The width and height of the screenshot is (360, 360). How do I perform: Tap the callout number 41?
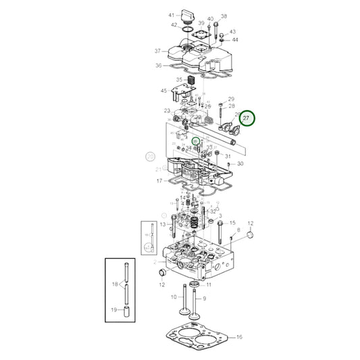pos(172,15)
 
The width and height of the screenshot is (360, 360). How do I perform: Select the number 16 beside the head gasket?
pos(239,336)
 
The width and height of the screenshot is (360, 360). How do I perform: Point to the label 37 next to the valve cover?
pos(157,51)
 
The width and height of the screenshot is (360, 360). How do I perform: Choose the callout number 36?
pos(158,66)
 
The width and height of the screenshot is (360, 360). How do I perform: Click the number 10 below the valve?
pos(173,297)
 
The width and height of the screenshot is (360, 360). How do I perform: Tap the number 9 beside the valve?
pos(204,298)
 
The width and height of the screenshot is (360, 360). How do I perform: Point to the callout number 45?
pos(163,91)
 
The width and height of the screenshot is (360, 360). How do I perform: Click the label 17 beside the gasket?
pos(159,181)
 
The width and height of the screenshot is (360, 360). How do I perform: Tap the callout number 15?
pos(232,222)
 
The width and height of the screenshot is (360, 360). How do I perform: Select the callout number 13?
pos(162,224)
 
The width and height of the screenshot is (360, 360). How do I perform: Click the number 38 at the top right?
pos(224,16)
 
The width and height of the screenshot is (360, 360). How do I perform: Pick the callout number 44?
pos(234,40)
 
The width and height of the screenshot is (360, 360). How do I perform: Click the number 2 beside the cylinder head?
pos(155,261)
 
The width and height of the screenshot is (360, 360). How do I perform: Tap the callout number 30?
pos(240,164)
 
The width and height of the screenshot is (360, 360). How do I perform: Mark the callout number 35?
pos(161,80)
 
